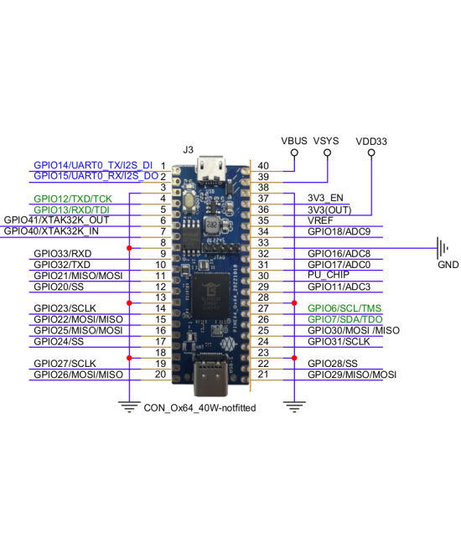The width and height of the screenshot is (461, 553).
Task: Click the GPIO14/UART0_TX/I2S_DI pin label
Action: click(93, 166)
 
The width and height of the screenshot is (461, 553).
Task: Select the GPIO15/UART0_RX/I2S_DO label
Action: click(96, 177)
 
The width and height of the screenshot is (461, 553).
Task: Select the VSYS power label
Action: click(325, 141)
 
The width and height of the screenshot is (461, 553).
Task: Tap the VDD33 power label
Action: click(370, 142)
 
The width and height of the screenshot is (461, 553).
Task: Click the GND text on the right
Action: click(448, 265)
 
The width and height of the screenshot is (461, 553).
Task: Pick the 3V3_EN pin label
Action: click(327, 199)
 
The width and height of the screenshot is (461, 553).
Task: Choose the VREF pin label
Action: click(322, 220)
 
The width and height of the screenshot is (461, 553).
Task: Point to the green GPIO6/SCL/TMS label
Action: click(344, 308)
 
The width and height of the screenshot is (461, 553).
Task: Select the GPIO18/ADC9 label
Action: click(339, 231)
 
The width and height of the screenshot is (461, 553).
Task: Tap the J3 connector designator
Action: click(188, 149)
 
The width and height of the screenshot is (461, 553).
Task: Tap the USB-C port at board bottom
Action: click(210, 381)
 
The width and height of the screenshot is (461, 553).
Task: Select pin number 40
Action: click(263, 166)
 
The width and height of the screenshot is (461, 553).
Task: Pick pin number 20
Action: click(159, 375)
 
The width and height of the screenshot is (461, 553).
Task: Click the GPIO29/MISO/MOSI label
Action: click(351, 375)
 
